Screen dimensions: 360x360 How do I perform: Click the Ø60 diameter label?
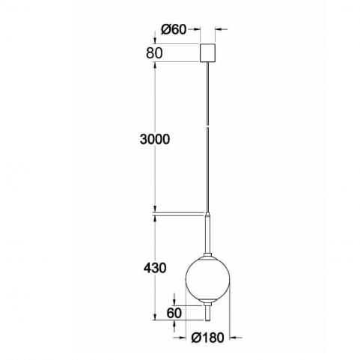[174, 30]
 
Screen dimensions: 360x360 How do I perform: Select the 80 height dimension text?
[154, 53]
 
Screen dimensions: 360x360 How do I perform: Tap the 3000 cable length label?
[155, 139]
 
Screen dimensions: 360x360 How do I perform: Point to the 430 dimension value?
[155, 268]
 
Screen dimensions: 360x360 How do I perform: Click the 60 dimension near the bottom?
[174, 314]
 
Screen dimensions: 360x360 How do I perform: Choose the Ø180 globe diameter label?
[207, 338]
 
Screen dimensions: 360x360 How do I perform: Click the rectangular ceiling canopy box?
[207, 52]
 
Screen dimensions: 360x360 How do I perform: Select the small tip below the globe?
[207, 314]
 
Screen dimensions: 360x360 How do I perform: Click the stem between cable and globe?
[207, 234]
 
